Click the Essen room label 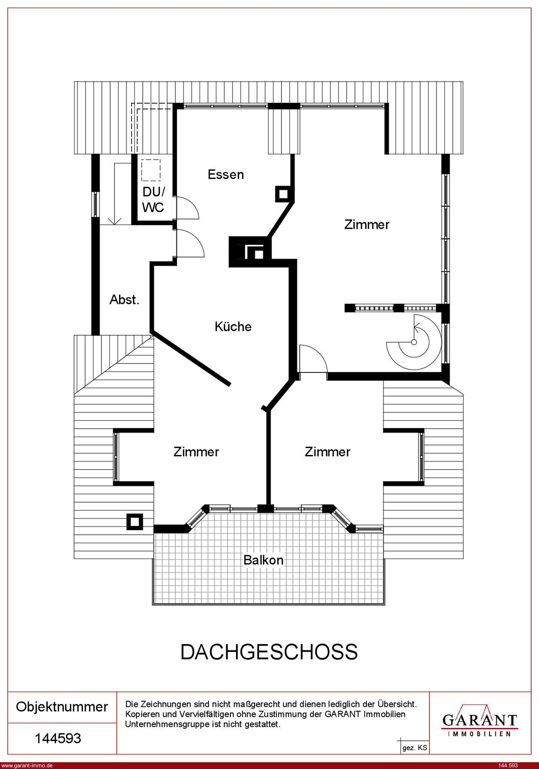[226, 174]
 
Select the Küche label [233, 327]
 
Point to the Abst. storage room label [124, 299]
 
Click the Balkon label [263, 560]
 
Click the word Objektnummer [62, 707]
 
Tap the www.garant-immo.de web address [27, 765]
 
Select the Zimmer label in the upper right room [367, 224]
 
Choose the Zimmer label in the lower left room [196, 452]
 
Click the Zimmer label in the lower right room [327, 452]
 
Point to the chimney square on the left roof [135, 522]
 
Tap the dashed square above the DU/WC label [151, 170]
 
